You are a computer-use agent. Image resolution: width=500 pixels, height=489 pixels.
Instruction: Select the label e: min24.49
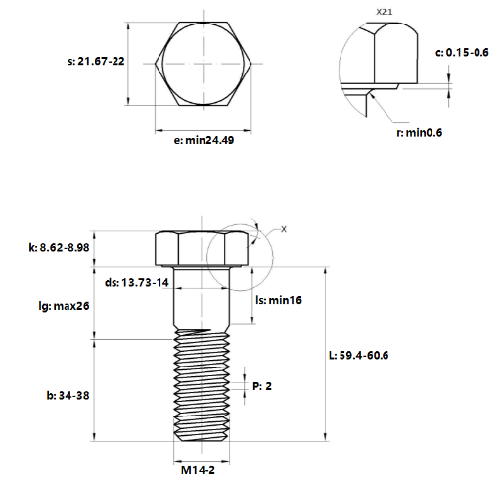click(203, 140)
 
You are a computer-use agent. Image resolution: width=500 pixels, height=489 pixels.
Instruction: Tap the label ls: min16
click(277, 300)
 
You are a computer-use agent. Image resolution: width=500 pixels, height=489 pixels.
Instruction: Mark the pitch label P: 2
click(261, 386)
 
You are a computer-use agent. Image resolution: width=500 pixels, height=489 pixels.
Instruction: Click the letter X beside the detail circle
click(284, 229)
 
